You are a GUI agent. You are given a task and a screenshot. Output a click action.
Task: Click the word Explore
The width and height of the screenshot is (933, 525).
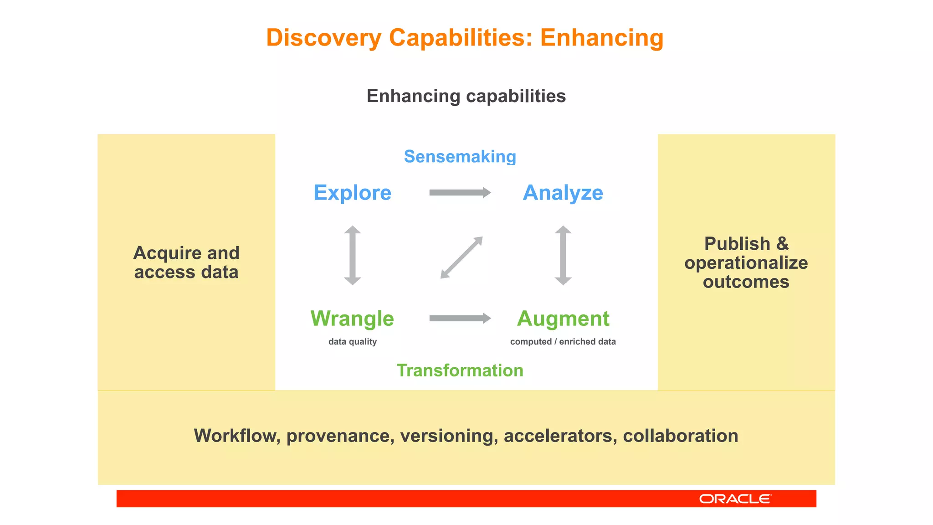coord(352,193)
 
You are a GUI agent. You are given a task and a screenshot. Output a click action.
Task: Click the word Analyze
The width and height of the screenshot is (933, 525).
coord(563,193)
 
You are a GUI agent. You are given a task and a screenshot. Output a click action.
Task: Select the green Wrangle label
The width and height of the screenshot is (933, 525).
coord(352,319)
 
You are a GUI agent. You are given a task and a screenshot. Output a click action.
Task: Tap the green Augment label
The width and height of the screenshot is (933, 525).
coord(563,319)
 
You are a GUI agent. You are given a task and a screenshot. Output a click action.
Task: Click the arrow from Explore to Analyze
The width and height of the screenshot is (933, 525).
coord(459,193)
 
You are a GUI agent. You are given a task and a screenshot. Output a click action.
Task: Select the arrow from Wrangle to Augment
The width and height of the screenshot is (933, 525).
coord(459,318)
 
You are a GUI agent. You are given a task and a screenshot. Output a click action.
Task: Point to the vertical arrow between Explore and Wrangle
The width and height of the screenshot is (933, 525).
coord(352,255)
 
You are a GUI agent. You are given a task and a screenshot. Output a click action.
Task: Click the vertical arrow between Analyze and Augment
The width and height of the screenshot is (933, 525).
coord(563,255)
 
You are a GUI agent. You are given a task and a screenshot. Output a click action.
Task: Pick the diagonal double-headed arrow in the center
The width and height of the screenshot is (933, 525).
coord(461,257)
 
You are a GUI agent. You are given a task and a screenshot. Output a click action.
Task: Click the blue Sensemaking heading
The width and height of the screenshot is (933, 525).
coord(460,157)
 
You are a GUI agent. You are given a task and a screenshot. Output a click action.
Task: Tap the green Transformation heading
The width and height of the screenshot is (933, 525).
coord(460,371)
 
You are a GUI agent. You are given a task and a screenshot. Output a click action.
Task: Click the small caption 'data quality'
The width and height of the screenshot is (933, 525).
coord(352,342)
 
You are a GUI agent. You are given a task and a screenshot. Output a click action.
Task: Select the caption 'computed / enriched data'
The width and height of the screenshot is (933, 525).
coord(563,342)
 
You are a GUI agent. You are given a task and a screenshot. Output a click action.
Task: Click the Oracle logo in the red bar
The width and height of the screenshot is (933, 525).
coord(735,499)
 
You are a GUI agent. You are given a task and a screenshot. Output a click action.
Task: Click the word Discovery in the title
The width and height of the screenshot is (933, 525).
coord(323,38)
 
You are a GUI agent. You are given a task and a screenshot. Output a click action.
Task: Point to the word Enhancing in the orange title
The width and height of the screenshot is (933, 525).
coord(601,38)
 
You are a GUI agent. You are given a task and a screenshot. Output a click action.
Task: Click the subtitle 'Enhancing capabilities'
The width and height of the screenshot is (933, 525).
coord(466,96)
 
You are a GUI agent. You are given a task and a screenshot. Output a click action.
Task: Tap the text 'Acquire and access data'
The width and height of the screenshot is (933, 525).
coord(186,262)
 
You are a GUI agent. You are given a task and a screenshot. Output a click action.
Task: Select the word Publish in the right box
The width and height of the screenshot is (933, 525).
coord(737,244)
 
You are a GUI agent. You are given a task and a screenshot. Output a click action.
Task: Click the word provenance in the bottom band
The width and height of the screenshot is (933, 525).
coord(340,436)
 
